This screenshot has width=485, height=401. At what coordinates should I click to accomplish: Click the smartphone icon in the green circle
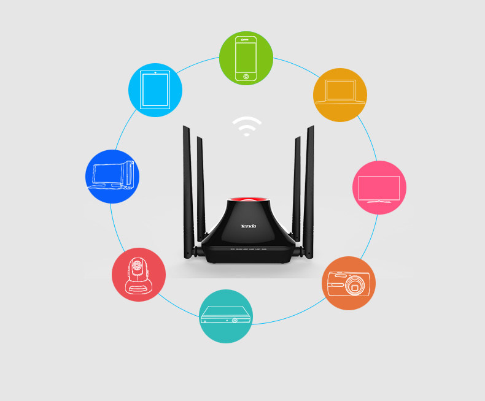tap(246, 58)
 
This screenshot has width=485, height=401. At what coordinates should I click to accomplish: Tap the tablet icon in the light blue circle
tap(155, 90)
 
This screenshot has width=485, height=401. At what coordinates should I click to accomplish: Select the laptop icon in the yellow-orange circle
tap(340, 93)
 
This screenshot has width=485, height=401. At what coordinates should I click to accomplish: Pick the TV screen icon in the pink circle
tap(379, 188)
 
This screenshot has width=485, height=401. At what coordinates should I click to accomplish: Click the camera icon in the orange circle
tap(348, 283)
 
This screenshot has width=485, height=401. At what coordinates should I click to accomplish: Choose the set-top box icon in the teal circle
tap(226, 316)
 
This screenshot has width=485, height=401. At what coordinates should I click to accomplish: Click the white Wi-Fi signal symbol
tap(247, 126)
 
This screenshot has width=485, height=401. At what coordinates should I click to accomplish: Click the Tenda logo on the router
tap(248, 226)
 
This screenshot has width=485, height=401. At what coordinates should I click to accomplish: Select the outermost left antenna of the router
tap(187, 190)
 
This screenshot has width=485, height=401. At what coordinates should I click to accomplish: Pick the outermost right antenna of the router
tap(309, 190)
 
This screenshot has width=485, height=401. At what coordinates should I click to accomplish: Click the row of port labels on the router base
tap(248, 249)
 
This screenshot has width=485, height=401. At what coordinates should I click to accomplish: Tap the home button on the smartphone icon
tap(246, 77)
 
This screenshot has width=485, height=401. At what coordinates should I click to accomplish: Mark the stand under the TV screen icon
tap(379, 201)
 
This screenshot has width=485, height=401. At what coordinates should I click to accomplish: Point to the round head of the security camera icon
tap(138, 267)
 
